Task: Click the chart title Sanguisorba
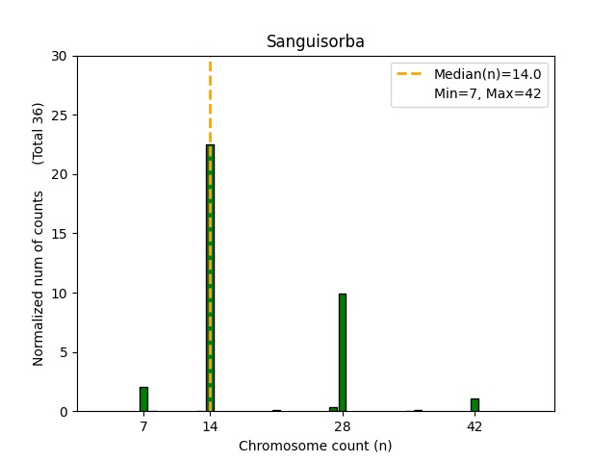point(315,42)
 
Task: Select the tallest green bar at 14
point(210,279)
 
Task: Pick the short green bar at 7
point(143,399)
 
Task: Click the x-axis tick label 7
point(143,425)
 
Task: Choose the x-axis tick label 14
point(210,425)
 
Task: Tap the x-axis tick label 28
point(342,425)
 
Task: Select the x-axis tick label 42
point(475,425)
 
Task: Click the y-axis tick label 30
point(59,56)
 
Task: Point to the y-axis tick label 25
point(59,115)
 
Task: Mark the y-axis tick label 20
point(59,174)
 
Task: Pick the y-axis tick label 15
point(59,234)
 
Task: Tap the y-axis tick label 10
point(59,293)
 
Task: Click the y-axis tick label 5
point(63,352)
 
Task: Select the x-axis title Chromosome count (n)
point(315,446)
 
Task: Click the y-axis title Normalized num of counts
point(38,277)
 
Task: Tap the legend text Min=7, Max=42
point(490,94)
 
